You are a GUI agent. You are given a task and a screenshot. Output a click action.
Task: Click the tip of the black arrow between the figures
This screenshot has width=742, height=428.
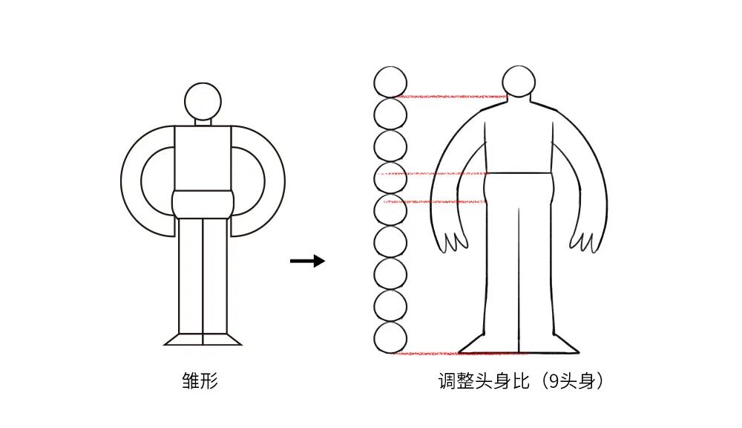pos(325,261)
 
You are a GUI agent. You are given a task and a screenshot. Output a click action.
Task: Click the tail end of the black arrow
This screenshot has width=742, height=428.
pos(291,261)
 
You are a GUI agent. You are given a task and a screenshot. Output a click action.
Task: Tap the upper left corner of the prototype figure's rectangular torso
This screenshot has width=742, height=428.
pos(175,126)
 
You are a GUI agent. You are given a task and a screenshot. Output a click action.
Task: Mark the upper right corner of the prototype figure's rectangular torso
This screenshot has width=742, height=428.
pos(232,126)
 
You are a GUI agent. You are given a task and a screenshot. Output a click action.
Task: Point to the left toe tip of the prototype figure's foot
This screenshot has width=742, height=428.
pos(164,345)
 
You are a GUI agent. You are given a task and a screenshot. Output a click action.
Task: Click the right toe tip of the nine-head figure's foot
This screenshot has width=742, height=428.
pos(579,353)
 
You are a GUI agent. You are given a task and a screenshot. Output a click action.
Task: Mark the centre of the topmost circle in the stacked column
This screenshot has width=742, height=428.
pos(390,82)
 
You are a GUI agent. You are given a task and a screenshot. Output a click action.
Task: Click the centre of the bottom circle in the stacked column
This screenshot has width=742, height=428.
pos(390,338)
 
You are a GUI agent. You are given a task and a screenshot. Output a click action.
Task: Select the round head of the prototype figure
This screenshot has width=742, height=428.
pos(203,102)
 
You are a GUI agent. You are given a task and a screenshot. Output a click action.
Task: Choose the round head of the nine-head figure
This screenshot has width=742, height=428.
pos(519,82)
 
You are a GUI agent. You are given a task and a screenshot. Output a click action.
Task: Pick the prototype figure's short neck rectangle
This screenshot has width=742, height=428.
pos(203,123)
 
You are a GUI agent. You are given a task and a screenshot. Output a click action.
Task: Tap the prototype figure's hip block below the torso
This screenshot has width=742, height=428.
pos(203,205)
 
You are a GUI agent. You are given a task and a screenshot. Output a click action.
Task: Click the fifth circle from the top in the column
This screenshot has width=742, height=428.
pos(390,210)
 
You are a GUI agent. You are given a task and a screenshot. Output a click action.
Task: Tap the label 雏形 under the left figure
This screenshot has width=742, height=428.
pos(200,380)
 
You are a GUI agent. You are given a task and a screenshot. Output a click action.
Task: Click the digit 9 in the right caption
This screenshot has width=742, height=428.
pos(554,380)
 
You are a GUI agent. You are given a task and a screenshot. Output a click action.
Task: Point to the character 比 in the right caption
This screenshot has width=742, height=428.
pos(520,380)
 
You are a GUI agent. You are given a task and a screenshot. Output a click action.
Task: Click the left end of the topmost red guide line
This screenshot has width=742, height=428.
pos(394,97)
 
